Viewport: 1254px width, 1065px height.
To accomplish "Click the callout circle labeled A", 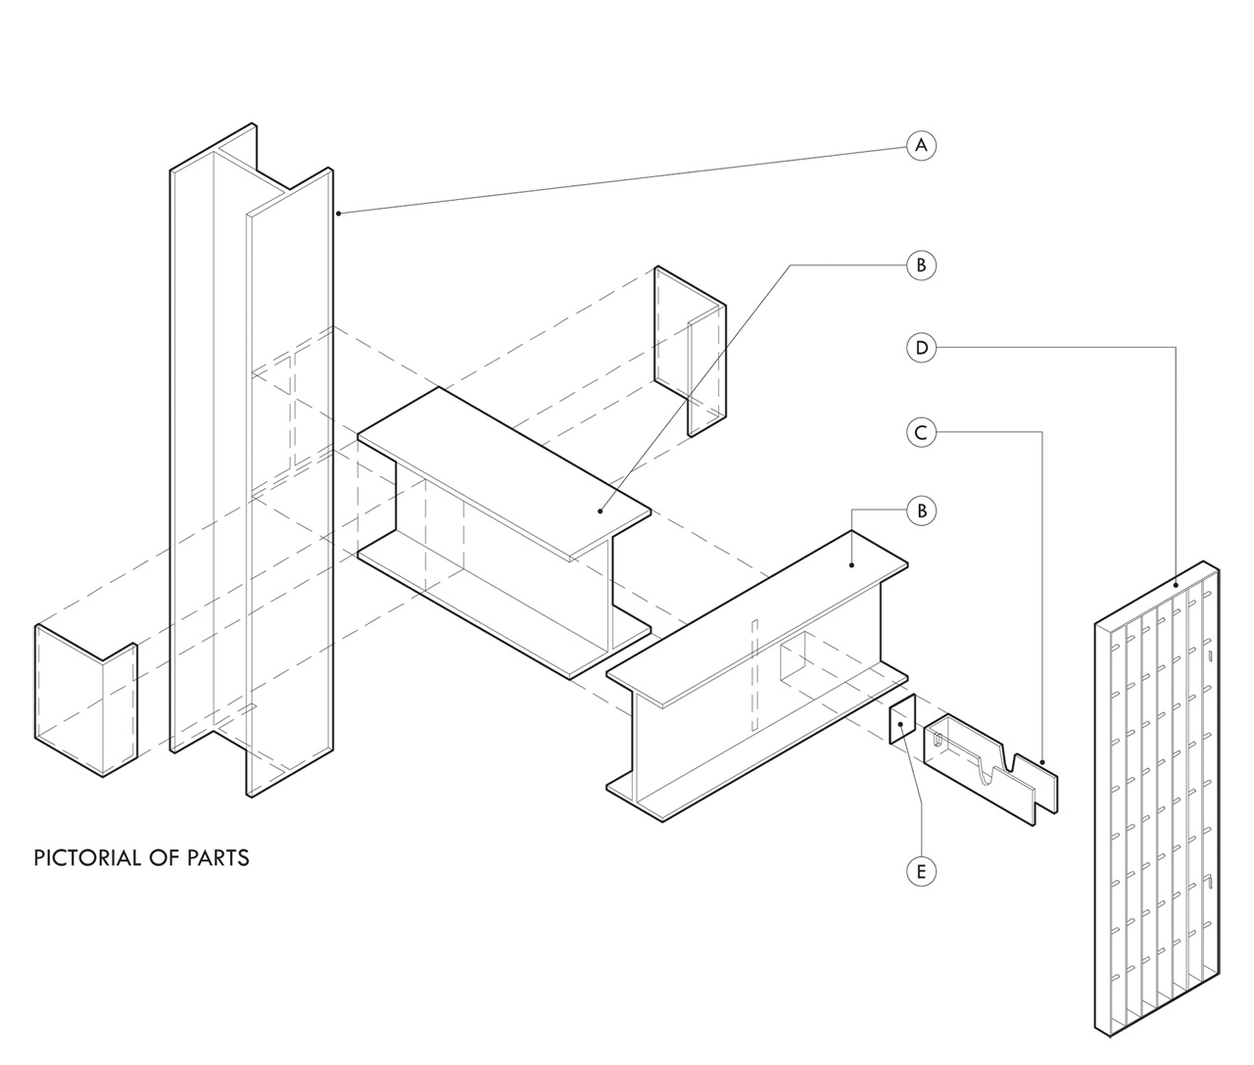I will tap(920, 146).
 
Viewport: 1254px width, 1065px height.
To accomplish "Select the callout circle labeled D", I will tap(921, 347).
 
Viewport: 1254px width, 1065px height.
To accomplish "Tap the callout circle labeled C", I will tap(921, 431).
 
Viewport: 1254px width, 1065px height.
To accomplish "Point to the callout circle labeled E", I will tap(921, 870).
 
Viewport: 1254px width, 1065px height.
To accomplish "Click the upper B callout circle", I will tap(921, 265).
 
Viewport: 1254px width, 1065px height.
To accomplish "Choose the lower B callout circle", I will tap(921, 510).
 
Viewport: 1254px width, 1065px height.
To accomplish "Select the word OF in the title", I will tap(160, 858).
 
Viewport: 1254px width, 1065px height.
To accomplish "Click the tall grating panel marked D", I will tap(1156, 799).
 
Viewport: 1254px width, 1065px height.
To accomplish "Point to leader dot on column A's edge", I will tap(338, 213).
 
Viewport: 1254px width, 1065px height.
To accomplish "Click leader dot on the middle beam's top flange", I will tap(602, 510).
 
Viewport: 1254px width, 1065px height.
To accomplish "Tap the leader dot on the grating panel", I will tap(1176, 586).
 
